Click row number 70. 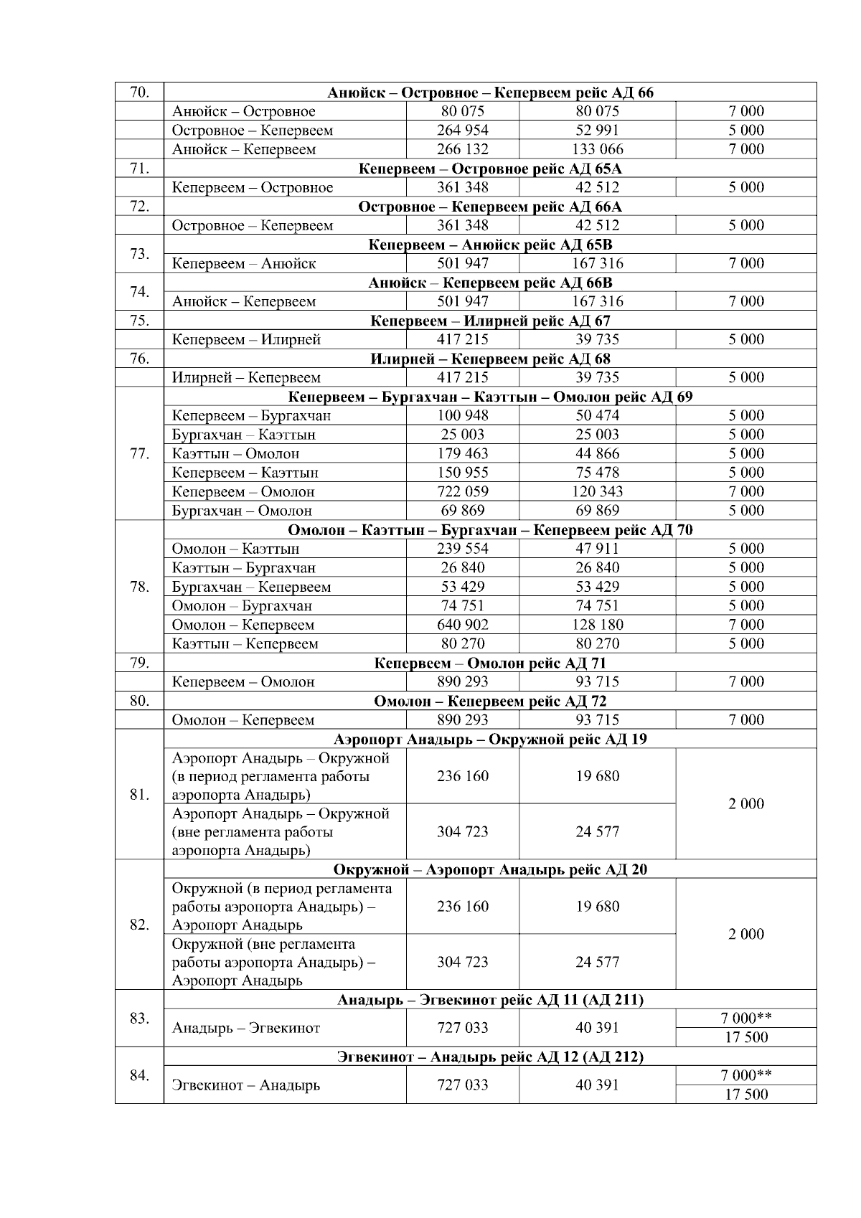tap(139, 92)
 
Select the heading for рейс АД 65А tap(490, 169)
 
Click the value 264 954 tap(462, 131)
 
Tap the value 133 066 tap(597, 149)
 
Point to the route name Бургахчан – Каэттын tap(244, 435)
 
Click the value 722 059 tap(462, 491)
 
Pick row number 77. tap(139, 453)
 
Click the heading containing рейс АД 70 tap(490, 530)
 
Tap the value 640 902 tap(462, 625)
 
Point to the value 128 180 tap(597, 625)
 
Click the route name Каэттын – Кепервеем tap(245, 644)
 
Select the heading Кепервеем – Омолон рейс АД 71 tap(490, 663)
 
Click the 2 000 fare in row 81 tap(746, 804)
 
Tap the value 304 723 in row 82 tap(462, 962)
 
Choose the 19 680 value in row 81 tap(597, 776)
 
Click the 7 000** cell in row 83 tap(746, 1018)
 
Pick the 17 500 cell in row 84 tap(746, 1095)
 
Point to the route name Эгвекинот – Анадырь tap(246, 1085)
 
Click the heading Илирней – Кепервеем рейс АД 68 tap(490, 359)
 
